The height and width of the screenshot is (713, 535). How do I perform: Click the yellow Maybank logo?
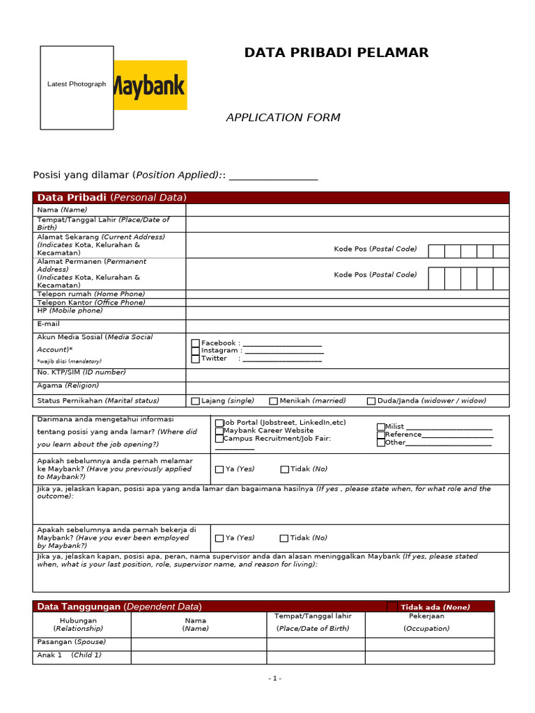[150, 85]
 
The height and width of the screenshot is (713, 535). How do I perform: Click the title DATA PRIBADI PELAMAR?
[336, 53]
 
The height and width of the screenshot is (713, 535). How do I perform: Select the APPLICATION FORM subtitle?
[283, 118]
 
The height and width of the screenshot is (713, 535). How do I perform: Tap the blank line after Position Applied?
[273, 175]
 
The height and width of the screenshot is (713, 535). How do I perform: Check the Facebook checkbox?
[196, 343]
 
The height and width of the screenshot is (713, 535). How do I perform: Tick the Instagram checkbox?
[196, 351]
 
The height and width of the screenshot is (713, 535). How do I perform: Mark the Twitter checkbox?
[196, 359]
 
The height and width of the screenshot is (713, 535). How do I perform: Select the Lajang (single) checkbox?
[196, 401]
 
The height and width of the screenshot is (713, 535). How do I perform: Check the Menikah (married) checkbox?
[274, 401]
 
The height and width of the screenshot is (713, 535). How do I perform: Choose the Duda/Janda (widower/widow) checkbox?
[371, 401]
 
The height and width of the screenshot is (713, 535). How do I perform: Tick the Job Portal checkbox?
[219, 423]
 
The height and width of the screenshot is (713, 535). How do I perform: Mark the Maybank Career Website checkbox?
[219, 431]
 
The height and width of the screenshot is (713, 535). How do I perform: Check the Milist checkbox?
[381, 427]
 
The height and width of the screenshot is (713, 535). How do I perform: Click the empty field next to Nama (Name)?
[347, 210]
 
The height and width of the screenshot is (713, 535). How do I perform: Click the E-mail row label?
[49, 324]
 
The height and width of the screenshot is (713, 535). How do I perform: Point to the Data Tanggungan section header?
[119, 606]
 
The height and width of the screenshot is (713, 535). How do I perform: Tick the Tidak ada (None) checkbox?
[392, 607]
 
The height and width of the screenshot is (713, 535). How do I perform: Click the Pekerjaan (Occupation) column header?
[426, 622]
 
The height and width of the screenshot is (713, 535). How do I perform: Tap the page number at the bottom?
[274, 678]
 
